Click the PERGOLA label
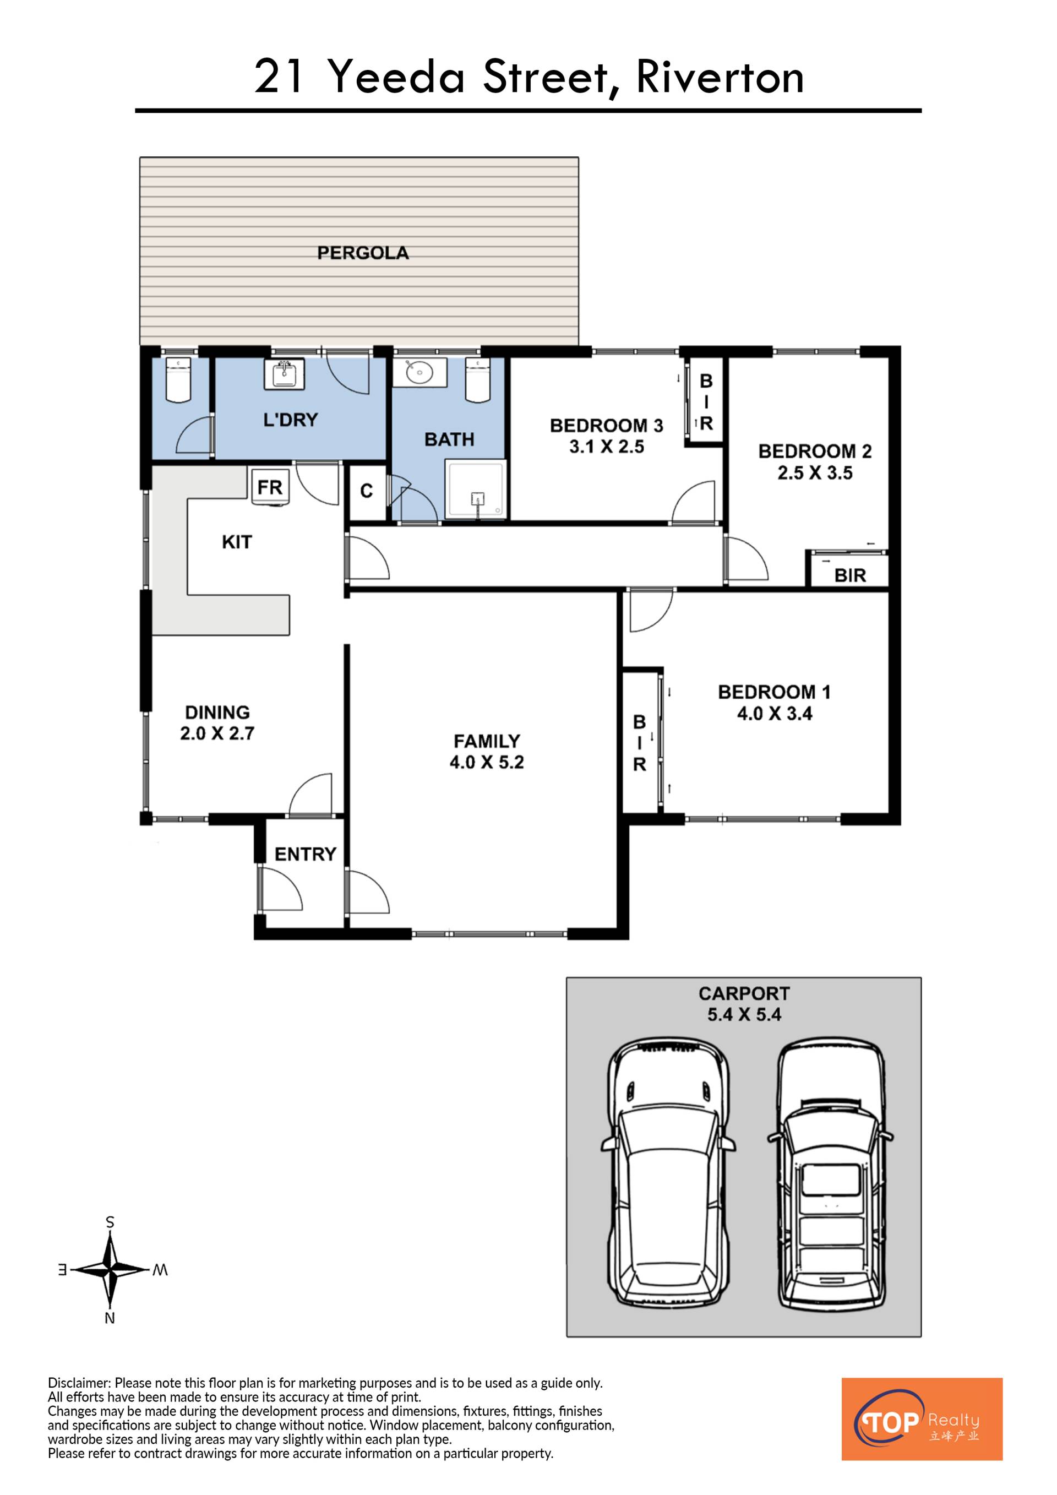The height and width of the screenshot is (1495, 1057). coord(363,253)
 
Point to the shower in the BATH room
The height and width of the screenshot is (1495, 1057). coord(475,490)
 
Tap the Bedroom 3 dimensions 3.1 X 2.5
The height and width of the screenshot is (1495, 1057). coord(607,447)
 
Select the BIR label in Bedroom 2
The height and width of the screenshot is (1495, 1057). coord(850,575)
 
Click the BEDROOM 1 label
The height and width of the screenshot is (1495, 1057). coord(774,692)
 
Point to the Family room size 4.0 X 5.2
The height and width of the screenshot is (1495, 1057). coord(487,762)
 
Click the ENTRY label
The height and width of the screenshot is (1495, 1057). coord(305,853)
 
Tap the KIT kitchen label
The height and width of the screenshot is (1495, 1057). coord(236,542)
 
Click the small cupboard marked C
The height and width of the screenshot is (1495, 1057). coord(367,491)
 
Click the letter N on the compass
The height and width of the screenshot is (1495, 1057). coord(110,1319)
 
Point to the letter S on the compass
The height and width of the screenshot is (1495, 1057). coord(110,1222)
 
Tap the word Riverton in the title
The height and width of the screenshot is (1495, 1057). coord(720,77)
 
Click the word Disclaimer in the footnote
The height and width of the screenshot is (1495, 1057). coord(79,1383)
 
